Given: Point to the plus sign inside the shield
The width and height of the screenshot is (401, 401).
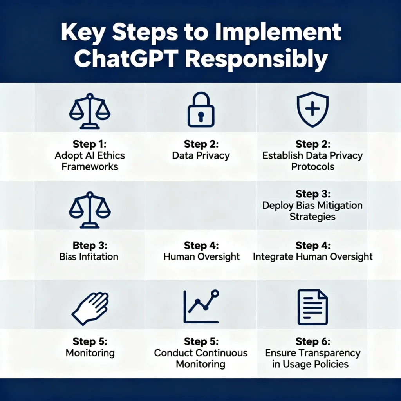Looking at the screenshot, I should [x=312, y=109].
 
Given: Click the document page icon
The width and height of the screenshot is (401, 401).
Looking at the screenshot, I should [x=312, y=307].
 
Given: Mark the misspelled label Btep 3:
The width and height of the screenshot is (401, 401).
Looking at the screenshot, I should [x=90, y=246].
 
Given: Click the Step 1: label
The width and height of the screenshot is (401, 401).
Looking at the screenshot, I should [x=90, y=144].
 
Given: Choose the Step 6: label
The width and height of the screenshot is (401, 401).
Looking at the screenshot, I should [x=312, y=341].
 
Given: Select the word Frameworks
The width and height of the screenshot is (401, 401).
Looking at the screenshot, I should [x=90, y=166].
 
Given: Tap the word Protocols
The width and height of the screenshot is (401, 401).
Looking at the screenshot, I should [x=312, y=166].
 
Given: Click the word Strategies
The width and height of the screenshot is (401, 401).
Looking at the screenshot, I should [x=312, y=216].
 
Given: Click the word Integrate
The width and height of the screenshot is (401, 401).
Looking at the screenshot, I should [x=273, y=257].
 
